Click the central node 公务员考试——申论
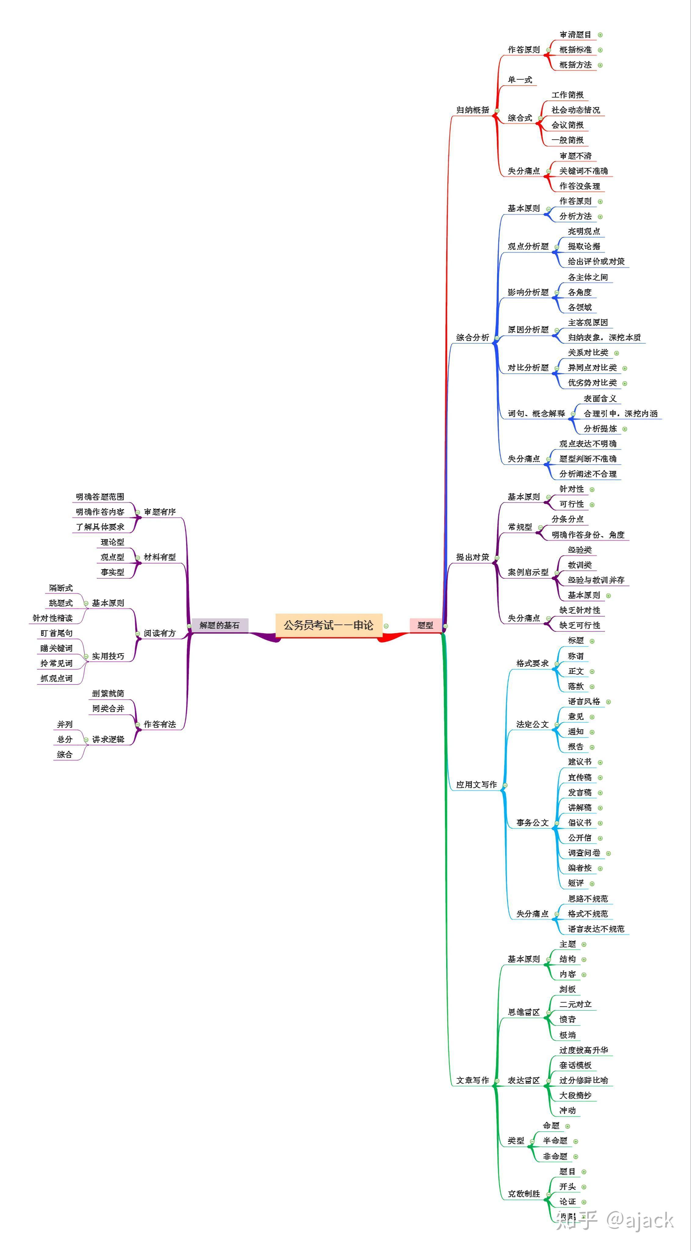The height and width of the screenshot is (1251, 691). point(329,625)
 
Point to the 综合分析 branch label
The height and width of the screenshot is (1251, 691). point(472,337)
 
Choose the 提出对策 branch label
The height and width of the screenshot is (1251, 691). point(472,557)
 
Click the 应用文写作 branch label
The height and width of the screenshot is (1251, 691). point(476,784)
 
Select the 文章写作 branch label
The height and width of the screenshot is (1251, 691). point(472,1080)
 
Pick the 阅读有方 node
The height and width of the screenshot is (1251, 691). point(160,633)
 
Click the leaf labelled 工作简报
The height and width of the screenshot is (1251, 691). point(567,95)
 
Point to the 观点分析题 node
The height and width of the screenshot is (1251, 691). point(528,246)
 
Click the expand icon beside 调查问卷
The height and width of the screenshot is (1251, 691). point(609,853)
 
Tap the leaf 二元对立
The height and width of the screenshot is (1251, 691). point(575,1004)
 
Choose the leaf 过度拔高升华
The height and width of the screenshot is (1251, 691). point(583,1050)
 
